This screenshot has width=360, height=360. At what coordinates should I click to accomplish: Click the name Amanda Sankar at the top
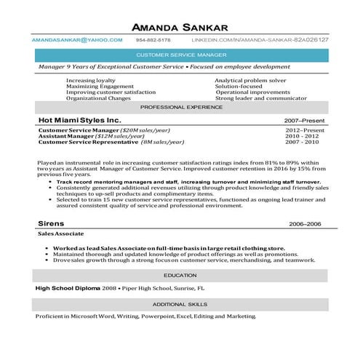pyautogui.click(x=180, y=27)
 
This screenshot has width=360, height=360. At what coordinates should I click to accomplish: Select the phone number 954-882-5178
pyautogui.click(x=153, y=40)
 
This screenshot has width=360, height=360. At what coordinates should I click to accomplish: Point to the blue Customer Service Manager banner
pyautogui.click(x=180, y=55)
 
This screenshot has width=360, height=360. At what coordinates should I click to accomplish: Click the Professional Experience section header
pyautogui.click(x=180, y=106)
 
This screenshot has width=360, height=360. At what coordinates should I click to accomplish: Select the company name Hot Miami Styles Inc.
pyautogui.click(x=79, y=119)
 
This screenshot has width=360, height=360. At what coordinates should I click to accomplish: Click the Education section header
pyautogui.click(x=180, y=276)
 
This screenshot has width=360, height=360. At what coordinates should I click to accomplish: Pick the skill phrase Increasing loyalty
pyautogui.click(x=90, y=80)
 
